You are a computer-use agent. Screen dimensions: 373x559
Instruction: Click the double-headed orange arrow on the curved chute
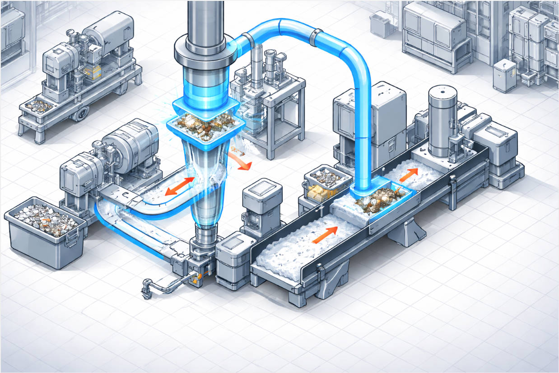coord(180,186)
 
